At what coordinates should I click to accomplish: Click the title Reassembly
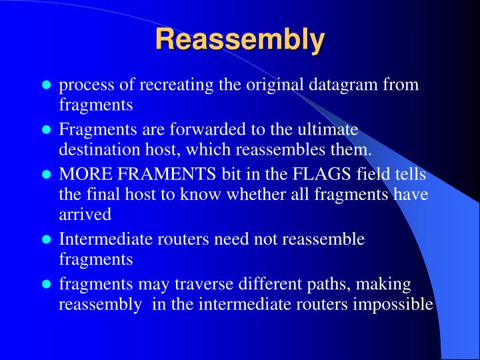[240, 39]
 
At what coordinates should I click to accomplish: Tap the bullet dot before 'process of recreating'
[47, 86]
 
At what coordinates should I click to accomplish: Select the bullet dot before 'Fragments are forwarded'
[47, 130]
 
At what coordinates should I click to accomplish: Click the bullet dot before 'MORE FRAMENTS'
[47, 175]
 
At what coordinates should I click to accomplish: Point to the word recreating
[170, 86]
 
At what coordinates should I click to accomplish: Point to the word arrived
[85, 215]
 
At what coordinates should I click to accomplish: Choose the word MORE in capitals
[82, 175]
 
